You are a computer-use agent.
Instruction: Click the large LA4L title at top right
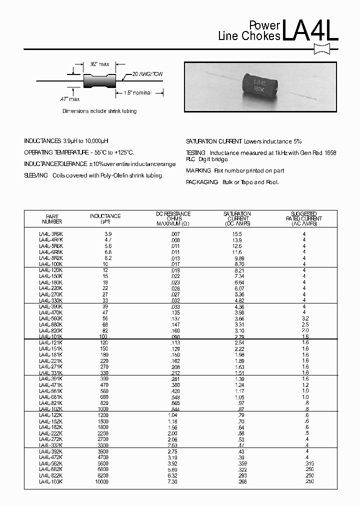point(310,30)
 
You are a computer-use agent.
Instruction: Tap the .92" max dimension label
point(99,64)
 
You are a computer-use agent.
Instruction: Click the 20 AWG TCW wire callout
point(147,74)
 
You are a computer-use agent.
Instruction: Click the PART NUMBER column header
point(52,218)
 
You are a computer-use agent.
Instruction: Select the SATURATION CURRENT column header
point(238,218)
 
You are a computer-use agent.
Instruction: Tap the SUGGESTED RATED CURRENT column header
point(304,218)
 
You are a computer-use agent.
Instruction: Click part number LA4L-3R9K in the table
point(51,234)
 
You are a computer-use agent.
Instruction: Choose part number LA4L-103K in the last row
point(51,481)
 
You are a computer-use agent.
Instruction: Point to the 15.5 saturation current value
point(237,234)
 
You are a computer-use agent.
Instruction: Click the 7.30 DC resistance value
point(173,481)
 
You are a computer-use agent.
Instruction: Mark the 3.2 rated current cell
point(305,318)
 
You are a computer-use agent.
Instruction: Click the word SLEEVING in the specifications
point(36,175)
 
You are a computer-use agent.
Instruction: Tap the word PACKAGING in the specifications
point(202,182)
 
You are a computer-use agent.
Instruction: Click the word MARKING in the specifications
point(198,170)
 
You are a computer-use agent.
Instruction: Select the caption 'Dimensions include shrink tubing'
point(99,111)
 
